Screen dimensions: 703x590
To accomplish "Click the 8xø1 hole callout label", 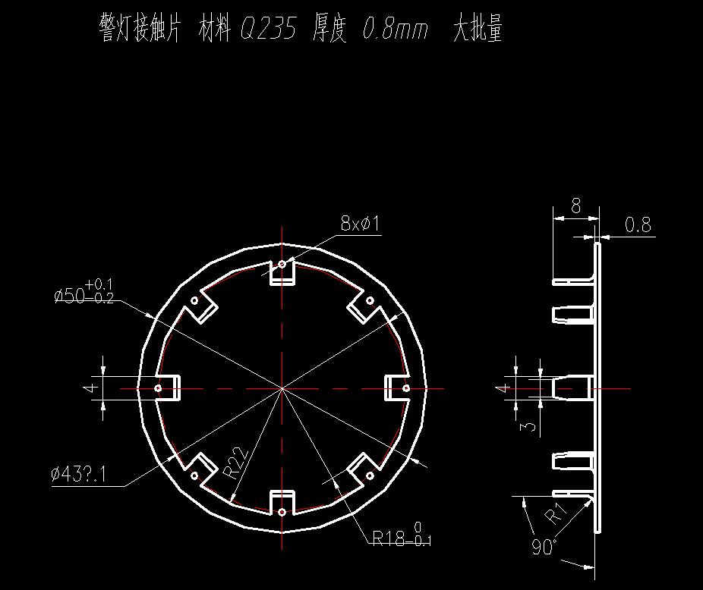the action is [x=359, y=224].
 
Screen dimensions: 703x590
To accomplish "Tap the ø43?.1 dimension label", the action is [x=79, y=475].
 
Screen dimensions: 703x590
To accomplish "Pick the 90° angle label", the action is [x=544, y=548].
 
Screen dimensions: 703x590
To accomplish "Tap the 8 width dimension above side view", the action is [x=575, y=206].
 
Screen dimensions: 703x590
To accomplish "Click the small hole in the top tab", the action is [x=282, y=265].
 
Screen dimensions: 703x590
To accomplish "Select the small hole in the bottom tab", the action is [x=282, y=513].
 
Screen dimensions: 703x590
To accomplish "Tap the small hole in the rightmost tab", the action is [x=406, y=388].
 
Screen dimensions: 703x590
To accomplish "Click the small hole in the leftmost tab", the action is [x=158, y=388].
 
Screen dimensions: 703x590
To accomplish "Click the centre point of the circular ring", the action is [x=282, y=388].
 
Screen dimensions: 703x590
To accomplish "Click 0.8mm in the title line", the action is [x=396, y=30].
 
